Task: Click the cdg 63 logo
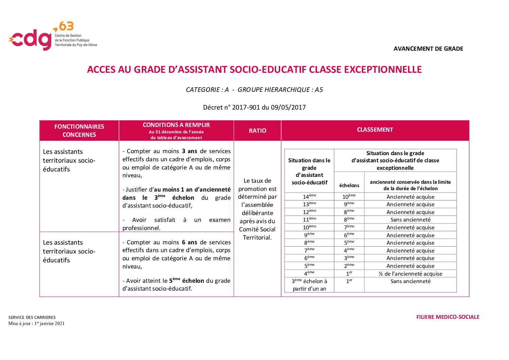point(52,36)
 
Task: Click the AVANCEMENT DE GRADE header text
point(428,49)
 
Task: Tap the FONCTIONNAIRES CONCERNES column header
point(79,131)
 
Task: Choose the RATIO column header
point(257,131)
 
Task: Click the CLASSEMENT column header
point(375,130)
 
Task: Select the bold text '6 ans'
point(189,242)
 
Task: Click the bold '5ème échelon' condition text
point(187,281)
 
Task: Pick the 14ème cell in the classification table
point(309,197)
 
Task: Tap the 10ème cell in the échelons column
point(349,197)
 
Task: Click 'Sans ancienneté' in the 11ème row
point(410,220)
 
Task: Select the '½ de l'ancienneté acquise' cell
point(410,274)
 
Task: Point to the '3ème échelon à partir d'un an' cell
point(309,285)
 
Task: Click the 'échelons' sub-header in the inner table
point(349,185)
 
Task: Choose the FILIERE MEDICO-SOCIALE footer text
point(447,317)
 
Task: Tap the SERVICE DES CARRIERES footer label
point(32,317)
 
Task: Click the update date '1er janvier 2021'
point(49,324)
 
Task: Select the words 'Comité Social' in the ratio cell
point(257,229)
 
